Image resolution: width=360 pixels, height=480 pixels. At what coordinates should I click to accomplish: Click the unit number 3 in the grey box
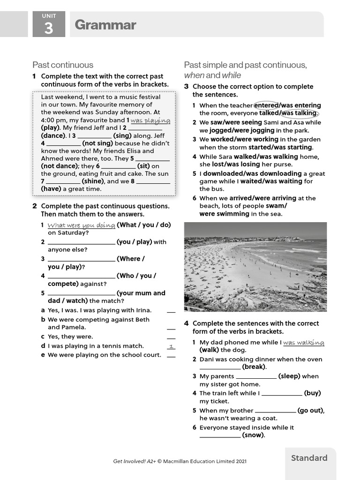[x=49, y=29]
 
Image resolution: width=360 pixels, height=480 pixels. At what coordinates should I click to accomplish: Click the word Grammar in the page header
[x=105, y=25]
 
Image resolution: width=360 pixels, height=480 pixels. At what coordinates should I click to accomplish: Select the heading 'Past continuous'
[x=63, y=65]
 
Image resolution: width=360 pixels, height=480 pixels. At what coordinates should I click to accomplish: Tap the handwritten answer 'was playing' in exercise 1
[x=150, y=120]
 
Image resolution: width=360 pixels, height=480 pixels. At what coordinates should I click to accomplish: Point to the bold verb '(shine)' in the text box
[x=93, y=181]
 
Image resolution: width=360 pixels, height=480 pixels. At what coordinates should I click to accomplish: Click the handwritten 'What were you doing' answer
[x=81, y=225]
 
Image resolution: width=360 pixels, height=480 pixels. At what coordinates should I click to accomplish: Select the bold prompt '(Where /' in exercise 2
[x=130, y=259]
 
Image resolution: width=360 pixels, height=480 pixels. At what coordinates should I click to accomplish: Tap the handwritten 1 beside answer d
[x=171, y=346]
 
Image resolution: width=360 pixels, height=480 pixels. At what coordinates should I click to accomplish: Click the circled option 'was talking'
[x=300, y=113]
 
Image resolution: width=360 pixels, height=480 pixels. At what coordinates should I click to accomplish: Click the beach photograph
[x=255, y=267]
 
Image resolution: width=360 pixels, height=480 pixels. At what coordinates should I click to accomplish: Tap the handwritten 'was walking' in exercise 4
[x=303, y=343]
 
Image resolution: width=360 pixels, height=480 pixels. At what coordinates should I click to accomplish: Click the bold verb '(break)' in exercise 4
[x=254, y=367]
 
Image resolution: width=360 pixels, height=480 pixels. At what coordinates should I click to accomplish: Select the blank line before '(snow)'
[x=220, y=435]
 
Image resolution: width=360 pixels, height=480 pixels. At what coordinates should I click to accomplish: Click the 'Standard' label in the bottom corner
[x=309, y=458]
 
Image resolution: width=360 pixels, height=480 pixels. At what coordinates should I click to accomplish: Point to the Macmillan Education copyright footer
[x=180, y=461]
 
